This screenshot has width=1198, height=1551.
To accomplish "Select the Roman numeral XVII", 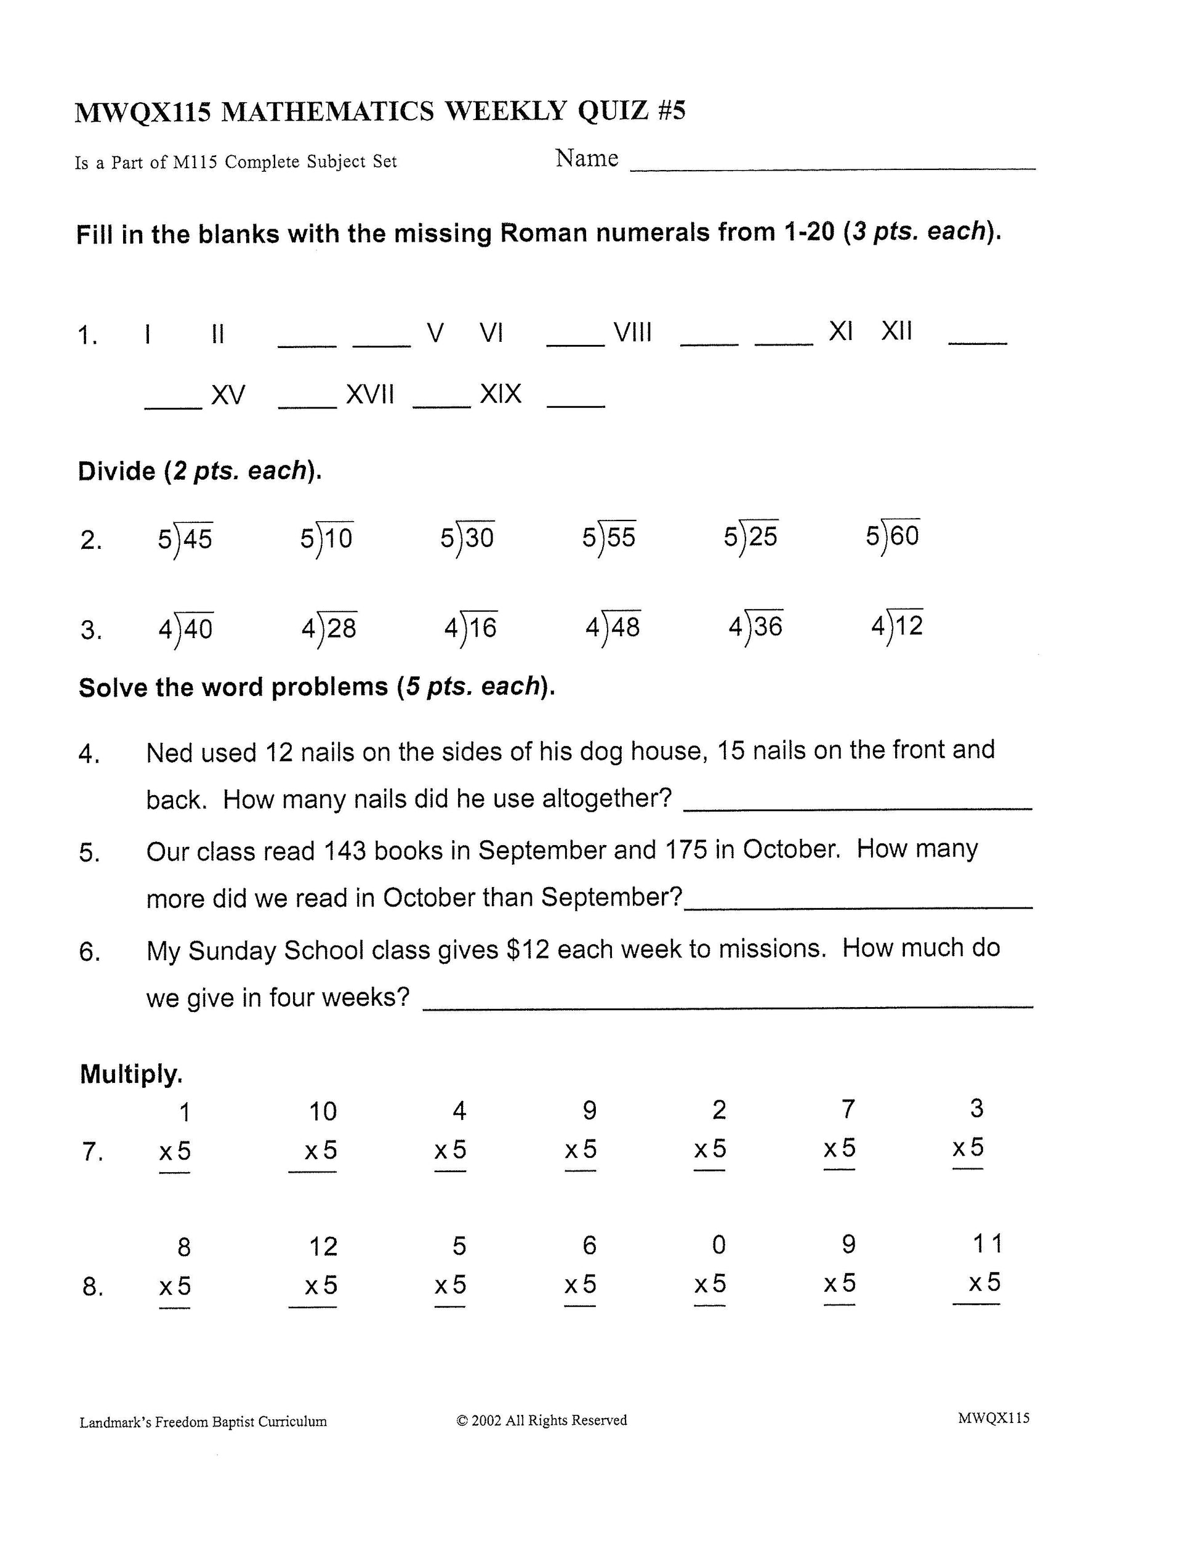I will click(370, 394).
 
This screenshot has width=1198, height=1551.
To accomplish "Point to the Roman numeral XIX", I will click(501, 394).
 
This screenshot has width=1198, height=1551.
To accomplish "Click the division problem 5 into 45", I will click(185, 539).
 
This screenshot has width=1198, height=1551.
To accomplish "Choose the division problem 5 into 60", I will click(893, 535).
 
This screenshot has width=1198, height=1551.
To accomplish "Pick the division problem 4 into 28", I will click(329, 628).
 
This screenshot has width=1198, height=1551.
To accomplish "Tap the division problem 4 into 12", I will click(897, 626).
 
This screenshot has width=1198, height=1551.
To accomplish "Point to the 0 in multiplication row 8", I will click(719, 1245).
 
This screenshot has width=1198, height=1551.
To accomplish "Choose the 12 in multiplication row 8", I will click(323, 1246).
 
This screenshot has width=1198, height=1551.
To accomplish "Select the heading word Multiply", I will click(131, 1074).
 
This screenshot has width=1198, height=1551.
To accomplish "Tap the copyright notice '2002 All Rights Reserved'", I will click(542, 1420).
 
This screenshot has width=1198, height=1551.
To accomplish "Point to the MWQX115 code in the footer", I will click(994, 1418).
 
